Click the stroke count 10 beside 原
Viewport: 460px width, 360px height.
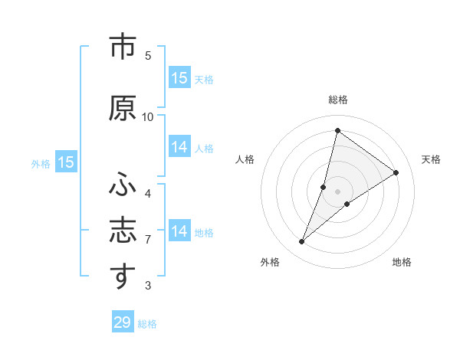click(148, 116)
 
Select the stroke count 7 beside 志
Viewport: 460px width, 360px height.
click(148, 240)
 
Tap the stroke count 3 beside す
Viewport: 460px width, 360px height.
click(148, 286)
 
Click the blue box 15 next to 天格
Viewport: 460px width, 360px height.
click(179, 77)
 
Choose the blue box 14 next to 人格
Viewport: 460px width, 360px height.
click(179, 147)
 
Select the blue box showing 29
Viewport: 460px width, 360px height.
click(123, 322)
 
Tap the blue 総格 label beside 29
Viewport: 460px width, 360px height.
click(148, 324)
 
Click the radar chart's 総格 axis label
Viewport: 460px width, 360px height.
click(338, 100)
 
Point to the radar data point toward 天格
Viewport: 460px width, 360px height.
click(396, 172)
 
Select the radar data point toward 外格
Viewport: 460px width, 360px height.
click(302, 242)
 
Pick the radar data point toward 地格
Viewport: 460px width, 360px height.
click(347, 204)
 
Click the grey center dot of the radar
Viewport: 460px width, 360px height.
click(338, 191)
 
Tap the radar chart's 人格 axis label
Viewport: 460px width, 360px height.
click(245, 159)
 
